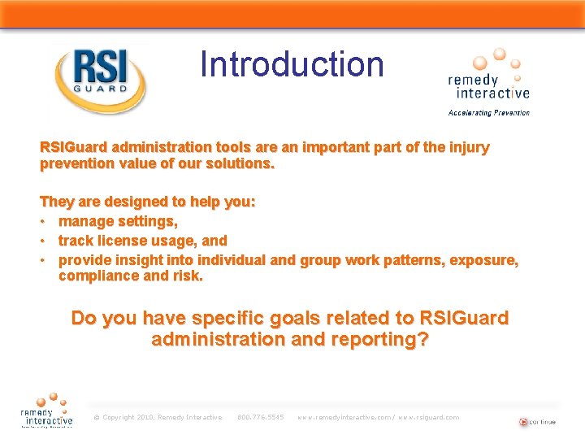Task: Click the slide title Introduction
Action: tap(292, 64)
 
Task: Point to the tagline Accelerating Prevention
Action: tap(489, 113)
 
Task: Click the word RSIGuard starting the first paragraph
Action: tap(74, 148)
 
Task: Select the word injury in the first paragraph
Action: tap(467, 148)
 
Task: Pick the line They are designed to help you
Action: tap(148, 202)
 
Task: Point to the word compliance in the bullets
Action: tap(97, 276)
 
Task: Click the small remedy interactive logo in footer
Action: tap(46, 411)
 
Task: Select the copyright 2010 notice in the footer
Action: tap(158, 417)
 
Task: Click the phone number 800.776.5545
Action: tap(260, 417)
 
